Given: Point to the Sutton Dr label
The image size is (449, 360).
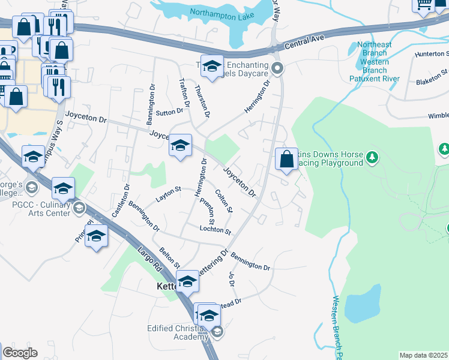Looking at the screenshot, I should click(x=169, y=112).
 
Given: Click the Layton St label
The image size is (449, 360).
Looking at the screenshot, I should click(x=169, y=192).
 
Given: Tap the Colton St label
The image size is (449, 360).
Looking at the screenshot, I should click(x=223, y=202).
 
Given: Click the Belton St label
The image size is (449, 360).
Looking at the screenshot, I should click(x=169, y=257).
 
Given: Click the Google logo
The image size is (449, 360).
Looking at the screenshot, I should click(x=20, y=353).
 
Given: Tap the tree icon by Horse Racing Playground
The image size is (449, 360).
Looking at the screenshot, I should click(x=373, y=157).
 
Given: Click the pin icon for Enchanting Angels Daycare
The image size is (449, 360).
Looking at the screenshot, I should click(x=277, y=68).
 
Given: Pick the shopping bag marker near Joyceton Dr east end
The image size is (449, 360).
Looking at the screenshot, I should click(x=286, y=160).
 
